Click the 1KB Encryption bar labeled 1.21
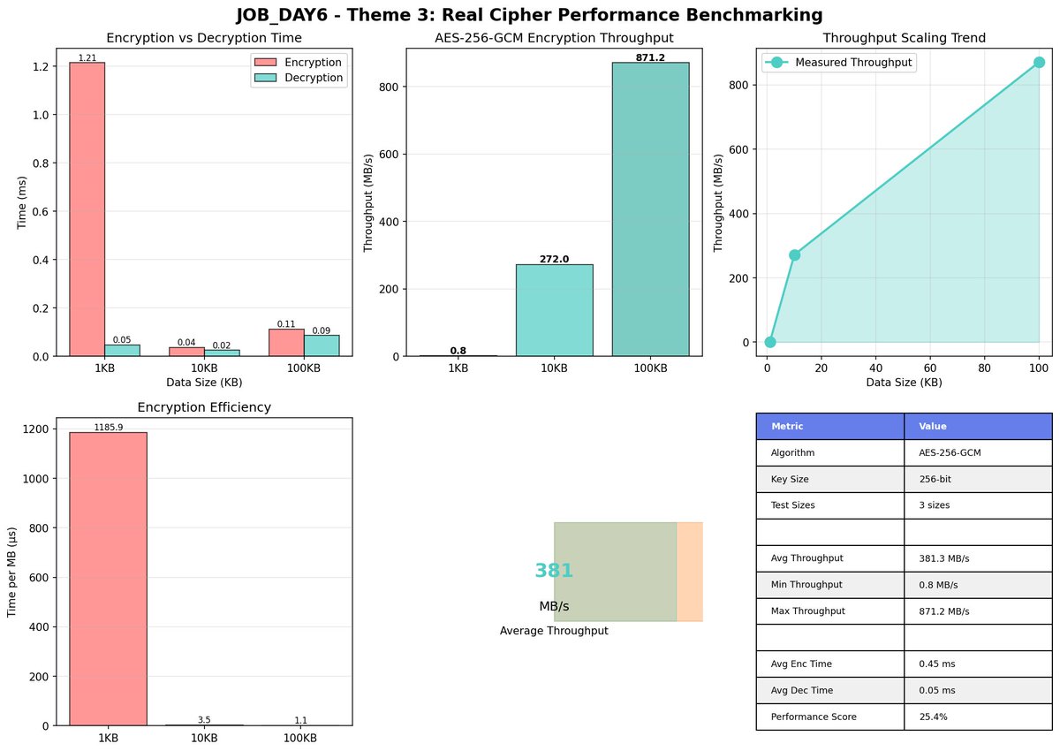pyautogui.click(x=87, y=209)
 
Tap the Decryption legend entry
pyautogui.click(x=313, y=78)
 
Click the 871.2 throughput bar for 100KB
pyautogui.click(x=650, y=209)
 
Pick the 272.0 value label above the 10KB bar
pyautogui.click(x=554, y=259)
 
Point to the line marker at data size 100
pyautogui.click(x=1039, y=62)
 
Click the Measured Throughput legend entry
pyautogui.click(x=853, y=63)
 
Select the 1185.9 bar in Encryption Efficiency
pyautogui.click(x=108, y=579)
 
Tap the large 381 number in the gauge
pyautogui.click(x=554, y=571)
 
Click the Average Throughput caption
pyautogui.click(x=554, y=631)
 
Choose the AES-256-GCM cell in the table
pyautogui.click(x=950, y=452)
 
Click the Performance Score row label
pyautogui.click(x=807, y=717)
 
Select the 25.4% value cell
pyautogui.click(x=933, y=717)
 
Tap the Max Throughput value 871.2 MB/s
pyautogui.click(x=943, y=611)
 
